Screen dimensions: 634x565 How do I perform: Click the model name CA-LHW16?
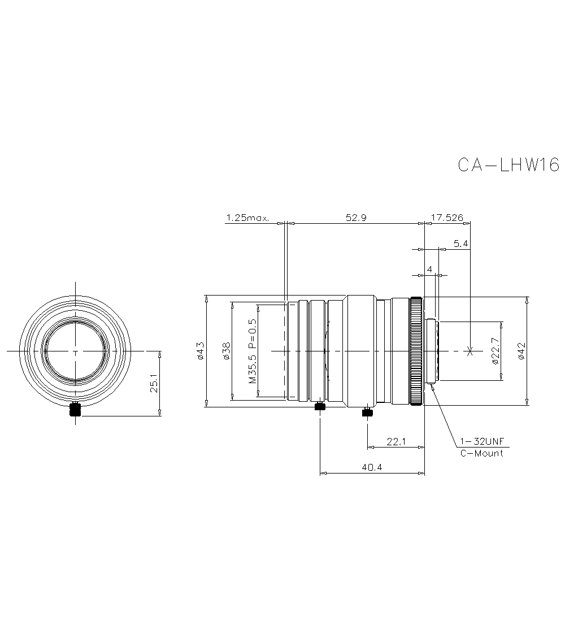(x=507, y=164)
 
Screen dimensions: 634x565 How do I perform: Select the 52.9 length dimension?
(x=356, y=218)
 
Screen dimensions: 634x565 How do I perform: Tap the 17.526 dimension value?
(x=447, y=218)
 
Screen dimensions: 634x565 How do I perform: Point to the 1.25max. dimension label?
(x=247, y=218)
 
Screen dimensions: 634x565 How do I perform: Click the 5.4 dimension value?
(x=460, y=244)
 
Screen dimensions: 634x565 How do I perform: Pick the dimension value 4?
(x=430, y=270)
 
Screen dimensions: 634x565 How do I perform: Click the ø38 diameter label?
(x=225, y=351)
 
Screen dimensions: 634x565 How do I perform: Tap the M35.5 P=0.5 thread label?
(x=253, y=351)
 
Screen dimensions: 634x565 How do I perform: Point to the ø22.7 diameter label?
(x=495, y=351)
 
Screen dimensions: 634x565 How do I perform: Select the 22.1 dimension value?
(x=396, y=442)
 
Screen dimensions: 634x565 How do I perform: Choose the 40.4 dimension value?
(x=372, y=468)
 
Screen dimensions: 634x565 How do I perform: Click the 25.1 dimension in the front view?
(x=154, y=384)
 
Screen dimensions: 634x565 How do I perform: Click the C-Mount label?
(x=481, y=453)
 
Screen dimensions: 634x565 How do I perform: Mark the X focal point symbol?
(x=470, y=351)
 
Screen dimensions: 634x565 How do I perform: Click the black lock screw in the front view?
(x=75, y=411)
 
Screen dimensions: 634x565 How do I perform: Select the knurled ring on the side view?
(x=416, y=351)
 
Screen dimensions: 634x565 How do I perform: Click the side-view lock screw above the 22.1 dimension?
(x=368, y=412)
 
